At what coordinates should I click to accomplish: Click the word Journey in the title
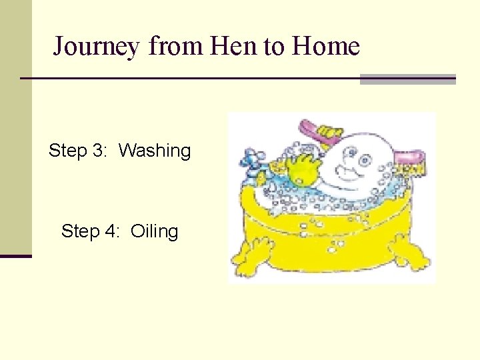(96, 47)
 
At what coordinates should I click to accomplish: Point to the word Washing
(155, 151)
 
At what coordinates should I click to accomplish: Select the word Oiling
(155, 232)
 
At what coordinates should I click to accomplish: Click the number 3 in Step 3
(100, 151)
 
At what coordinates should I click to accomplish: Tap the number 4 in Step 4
(111, 232)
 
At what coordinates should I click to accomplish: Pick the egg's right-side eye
(365, 160)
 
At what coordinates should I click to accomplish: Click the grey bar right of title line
(407, 79)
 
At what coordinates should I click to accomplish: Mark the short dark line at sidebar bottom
(15, 256)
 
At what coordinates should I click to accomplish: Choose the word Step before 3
(68, 151)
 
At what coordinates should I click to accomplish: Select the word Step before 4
(80, 232)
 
